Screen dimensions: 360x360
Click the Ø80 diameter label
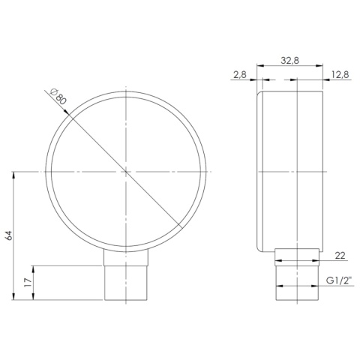56,98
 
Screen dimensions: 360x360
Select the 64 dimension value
8,235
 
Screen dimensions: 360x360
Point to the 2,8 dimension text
240,74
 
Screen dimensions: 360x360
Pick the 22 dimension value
339,256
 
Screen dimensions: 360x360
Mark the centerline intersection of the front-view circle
126,172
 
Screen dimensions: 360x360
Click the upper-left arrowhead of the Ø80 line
70,115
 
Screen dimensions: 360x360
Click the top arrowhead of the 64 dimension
15,175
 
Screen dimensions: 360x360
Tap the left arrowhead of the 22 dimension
278,262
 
